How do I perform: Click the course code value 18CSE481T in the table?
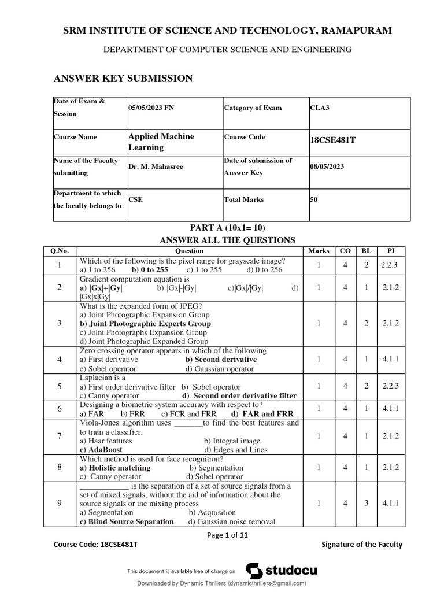tap(332, 140)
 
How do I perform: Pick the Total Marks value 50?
tap(313, 199)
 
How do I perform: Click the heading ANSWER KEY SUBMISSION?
tap(123, 79)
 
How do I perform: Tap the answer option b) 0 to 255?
tap(150, 269)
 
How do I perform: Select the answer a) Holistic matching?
tap(115, 468)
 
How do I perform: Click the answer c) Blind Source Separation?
tap(127, 521)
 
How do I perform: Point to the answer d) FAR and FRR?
tap(262, 414)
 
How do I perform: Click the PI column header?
tap(391, 251)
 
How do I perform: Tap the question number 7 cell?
tap(60, 436)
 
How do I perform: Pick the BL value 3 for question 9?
tap(367, 504)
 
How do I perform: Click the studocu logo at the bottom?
tap(282, 571)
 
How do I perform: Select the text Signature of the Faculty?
tap(361, 545)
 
